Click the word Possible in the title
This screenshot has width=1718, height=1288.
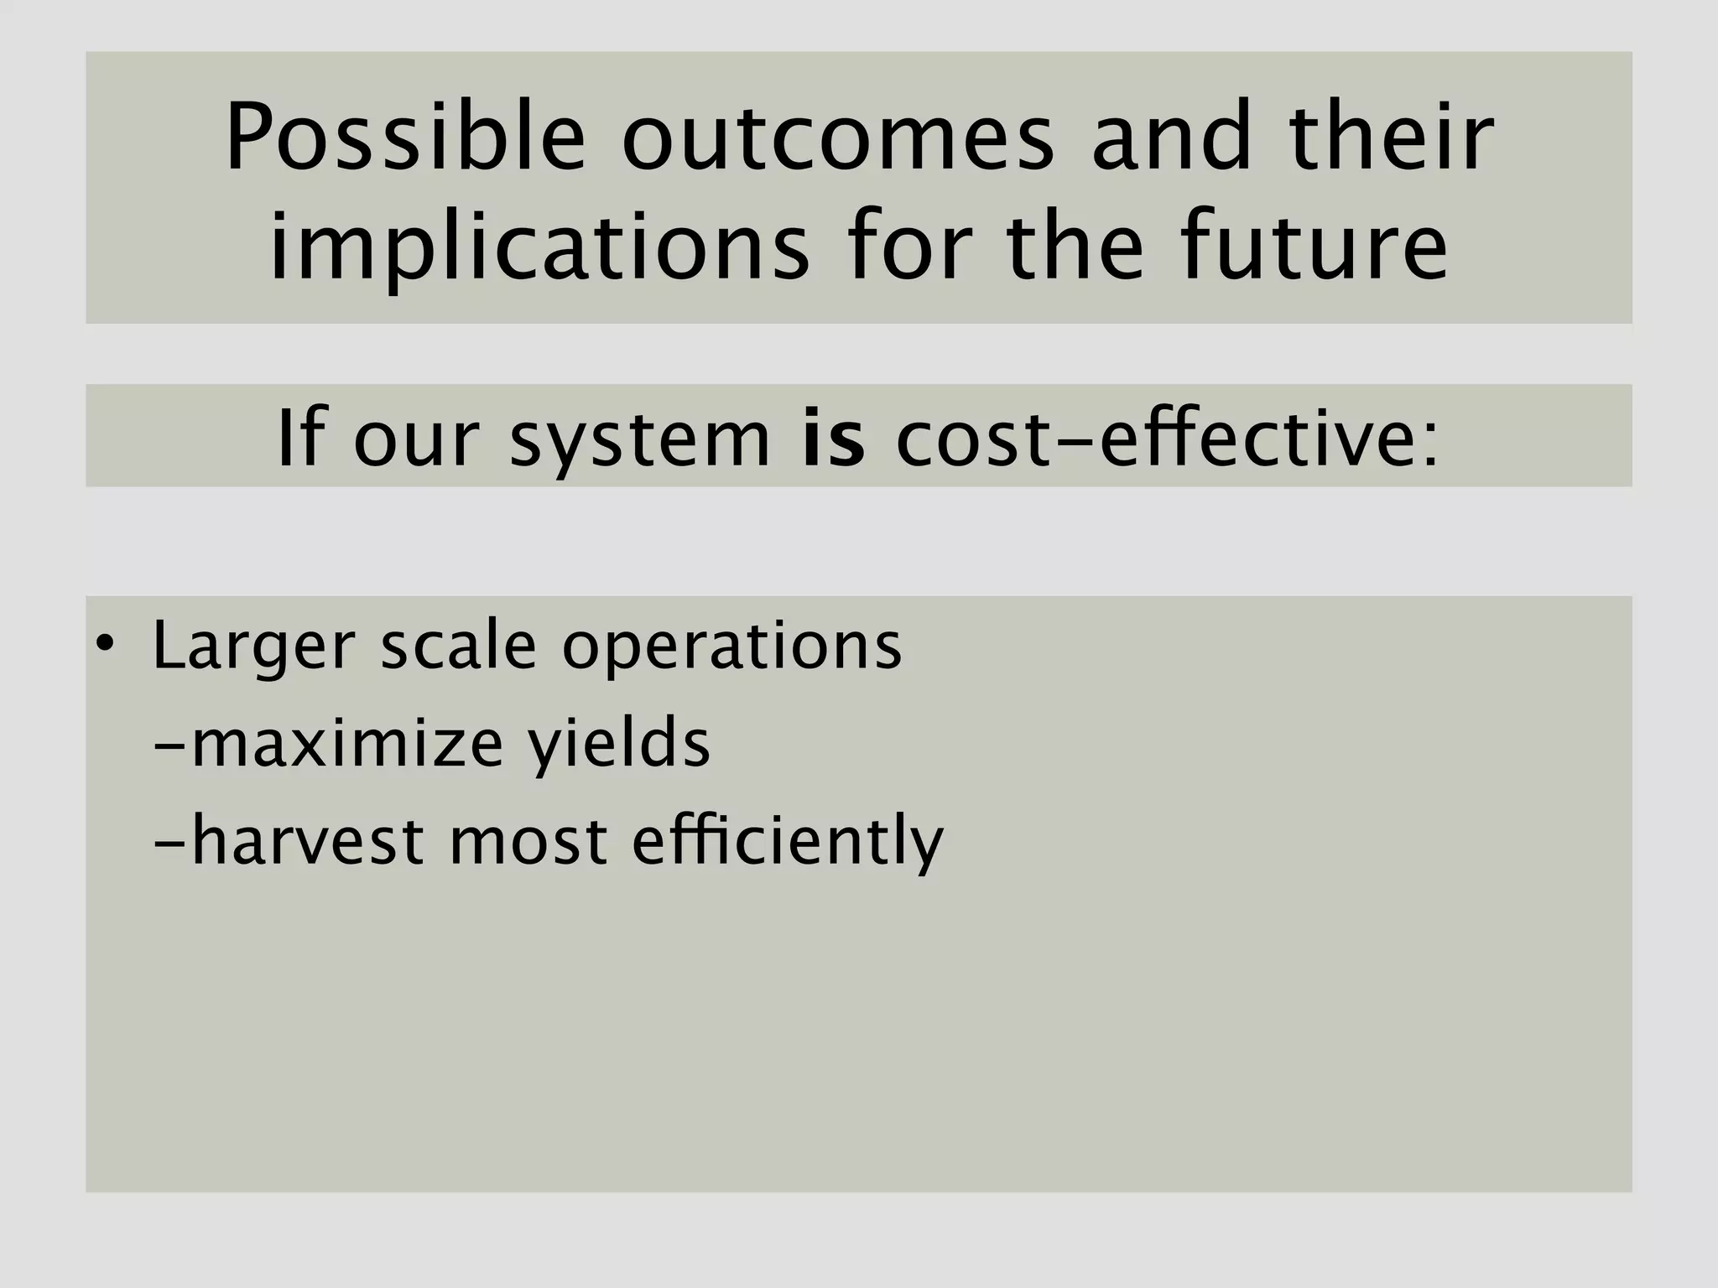click(x=405, y=138)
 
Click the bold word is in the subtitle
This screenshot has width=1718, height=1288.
click(x=832, y=439)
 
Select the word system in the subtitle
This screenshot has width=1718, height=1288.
click(x=640, y=439)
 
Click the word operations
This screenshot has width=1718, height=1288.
click(x=731, y=647)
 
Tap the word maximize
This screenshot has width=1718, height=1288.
click(x=346, y=744)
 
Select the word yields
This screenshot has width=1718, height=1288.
click(x=618, y=744)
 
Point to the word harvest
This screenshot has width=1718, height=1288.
click(x=305, y=841)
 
